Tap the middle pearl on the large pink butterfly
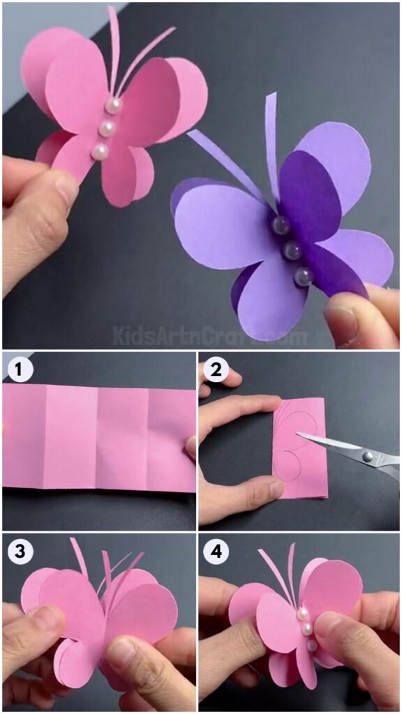[x=107, y=128]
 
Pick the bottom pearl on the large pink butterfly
[x=100, y=151]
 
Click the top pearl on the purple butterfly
[x=281, y=225]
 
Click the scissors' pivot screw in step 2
[x=366, y=457]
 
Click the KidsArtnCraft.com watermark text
[x=209, y=337]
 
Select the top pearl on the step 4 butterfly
[x=304, y=614]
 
